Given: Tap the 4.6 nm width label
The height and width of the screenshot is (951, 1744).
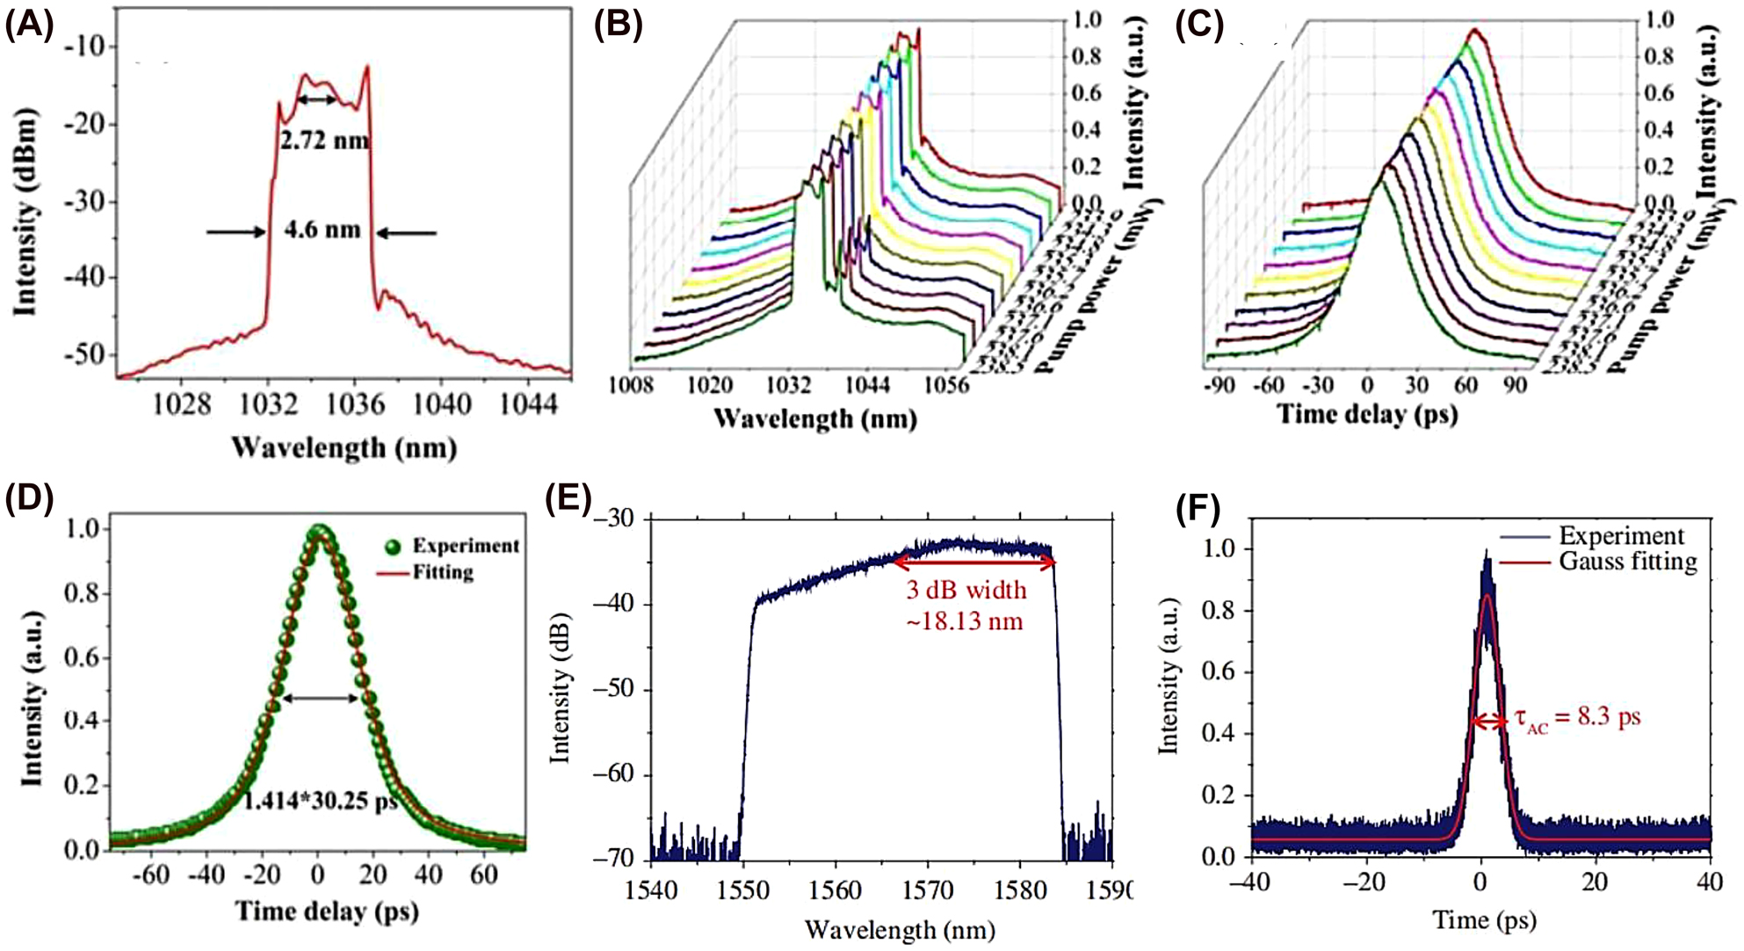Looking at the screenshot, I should coord(322,230).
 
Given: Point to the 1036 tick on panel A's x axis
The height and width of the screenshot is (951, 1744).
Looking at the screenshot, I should coord(355,405).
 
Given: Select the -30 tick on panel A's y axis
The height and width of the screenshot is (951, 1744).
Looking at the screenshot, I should coord(89,201).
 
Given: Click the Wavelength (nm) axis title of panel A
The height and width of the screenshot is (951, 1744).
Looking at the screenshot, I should coord(344,448).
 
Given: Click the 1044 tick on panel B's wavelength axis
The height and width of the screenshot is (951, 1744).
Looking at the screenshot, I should coord(866,385).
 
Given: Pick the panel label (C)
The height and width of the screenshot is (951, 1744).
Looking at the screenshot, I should coord(1199,26).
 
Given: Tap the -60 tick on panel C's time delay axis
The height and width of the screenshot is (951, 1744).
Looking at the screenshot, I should coord(1268,385).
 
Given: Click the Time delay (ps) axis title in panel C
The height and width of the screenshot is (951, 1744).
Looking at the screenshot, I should coord(1367,413).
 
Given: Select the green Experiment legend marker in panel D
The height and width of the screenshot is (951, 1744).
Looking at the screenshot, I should coord(393,547).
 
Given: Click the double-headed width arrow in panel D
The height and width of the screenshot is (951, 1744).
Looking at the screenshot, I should coord(320,699).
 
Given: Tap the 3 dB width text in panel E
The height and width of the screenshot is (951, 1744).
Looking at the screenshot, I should coord(966,590).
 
